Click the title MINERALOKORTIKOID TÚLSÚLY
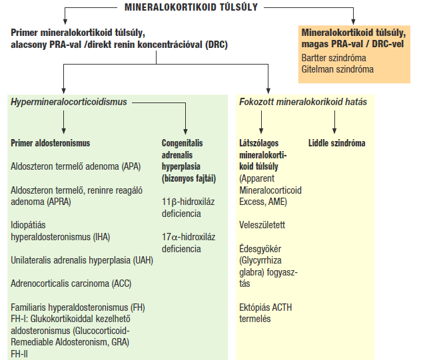191,7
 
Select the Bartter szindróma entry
334,58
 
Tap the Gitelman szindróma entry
338,69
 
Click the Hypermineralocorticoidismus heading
69,102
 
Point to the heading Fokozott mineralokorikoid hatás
303,102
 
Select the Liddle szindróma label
336,143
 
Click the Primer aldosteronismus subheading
51,143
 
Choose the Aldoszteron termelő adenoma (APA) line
76,166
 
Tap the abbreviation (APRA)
59,202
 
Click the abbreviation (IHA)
101,237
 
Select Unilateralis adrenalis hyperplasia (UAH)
82,261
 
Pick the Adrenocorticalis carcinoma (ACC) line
71,283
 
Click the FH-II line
19,354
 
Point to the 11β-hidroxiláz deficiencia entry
189,208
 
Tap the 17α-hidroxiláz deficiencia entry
189,243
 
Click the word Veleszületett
262,225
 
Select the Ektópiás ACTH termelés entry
265,313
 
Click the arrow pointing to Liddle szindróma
334,122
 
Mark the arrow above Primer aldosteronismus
64,122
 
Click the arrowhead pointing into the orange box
353,22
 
